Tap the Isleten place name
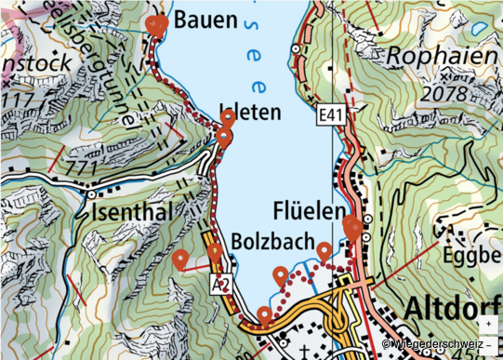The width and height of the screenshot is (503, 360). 249,113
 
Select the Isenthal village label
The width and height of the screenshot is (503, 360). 133,215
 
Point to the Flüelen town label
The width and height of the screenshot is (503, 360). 310,210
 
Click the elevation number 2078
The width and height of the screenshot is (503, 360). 444,94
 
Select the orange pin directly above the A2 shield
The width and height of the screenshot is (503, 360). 216,252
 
